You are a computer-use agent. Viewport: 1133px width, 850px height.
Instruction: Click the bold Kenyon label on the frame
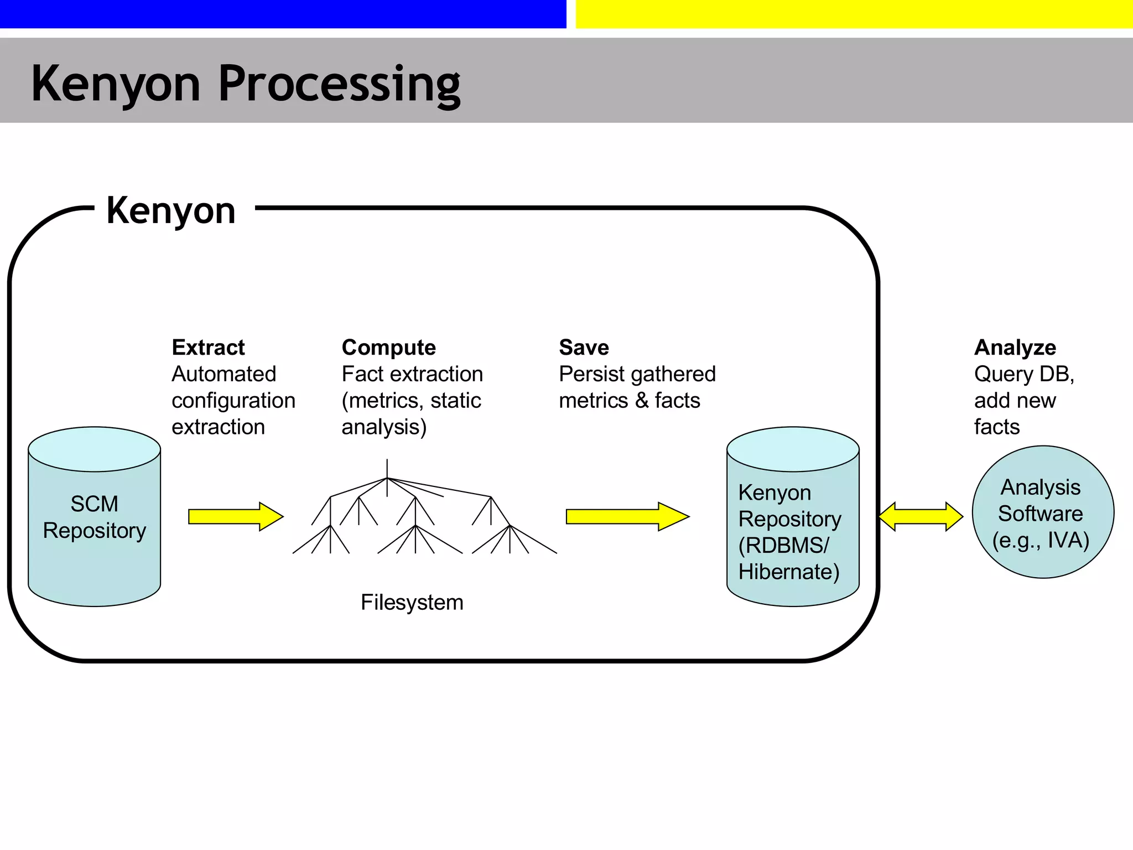tap(171, 210)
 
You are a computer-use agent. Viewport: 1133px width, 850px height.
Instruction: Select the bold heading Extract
tap(208, 348)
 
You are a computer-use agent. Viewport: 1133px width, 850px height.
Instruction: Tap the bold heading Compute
tap(388, 348)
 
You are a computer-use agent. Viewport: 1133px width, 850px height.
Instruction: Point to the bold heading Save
tap(584, 348)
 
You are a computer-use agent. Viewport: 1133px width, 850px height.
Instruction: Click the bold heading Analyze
tap(1015, 348)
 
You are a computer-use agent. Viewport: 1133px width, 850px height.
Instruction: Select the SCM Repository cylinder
tap(94, 531)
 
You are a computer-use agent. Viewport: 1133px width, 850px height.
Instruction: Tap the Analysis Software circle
tap(1042, 512)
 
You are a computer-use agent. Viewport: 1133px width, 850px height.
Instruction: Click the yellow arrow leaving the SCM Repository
tap(235, 516)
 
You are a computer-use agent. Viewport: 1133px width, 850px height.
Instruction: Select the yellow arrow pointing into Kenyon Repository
tap(627, 516)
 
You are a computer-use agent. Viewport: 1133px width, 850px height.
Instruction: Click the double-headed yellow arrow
tap(921, 516)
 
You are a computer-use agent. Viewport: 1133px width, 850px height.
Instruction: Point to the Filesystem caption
tap(412, 602)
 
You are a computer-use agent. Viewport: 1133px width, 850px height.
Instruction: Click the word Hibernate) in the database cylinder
tap(789, 572)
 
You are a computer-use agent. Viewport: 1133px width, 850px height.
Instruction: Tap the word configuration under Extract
tap(233, 401)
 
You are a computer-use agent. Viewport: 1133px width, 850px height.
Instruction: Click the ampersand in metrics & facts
tap(642, 401)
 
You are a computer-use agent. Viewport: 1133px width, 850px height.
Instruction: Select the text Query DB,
tap(1024, 374)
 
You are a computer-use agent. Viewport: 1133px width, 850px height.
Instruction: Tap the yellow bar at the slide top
tap(854, 14)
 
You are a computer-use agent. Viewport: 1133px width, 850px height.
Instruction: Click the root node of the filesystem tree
tap(387, 478)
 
